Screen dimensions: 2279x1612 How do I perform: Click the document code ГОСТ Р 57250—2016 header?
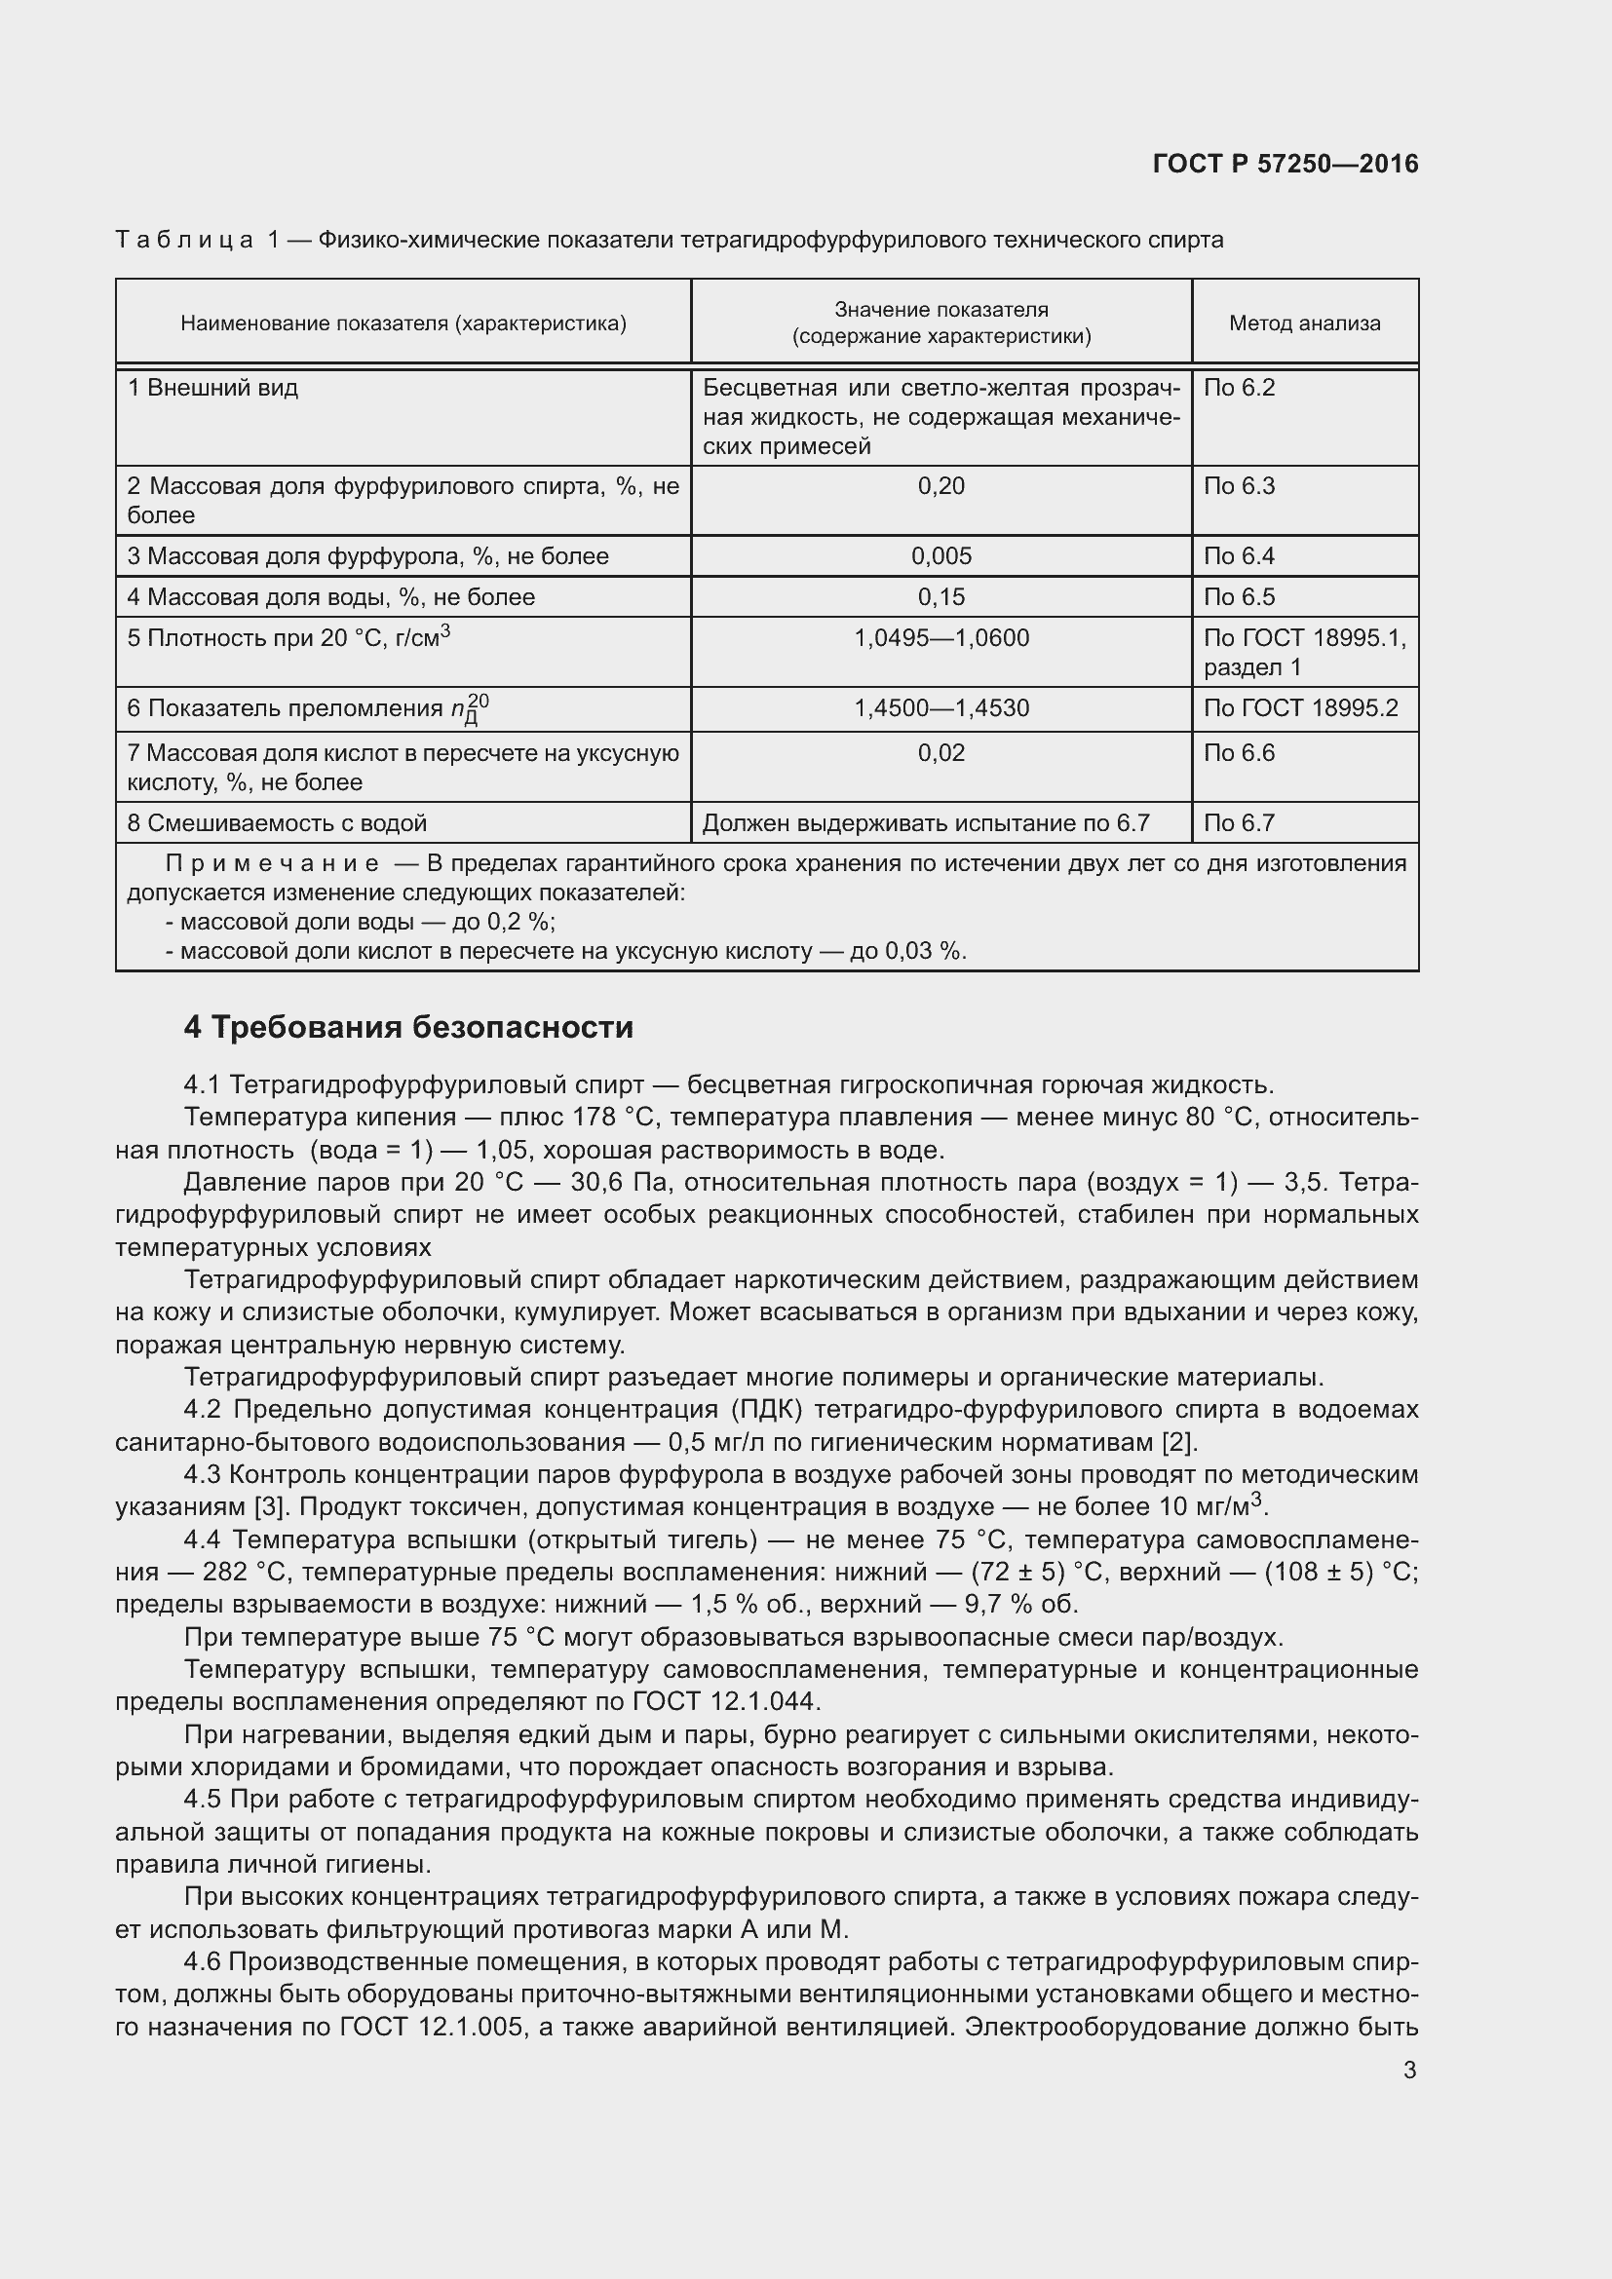[1286, 164]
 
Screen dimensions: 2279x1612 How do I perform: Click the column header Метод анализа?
[1304, 323]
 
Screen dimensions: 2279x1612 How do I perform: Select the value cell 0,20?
[941, 486]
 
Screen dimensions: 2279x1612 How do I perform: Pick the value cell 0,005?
[941, 555]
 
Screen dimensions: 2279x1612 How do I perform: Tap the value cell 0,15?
[941, 596]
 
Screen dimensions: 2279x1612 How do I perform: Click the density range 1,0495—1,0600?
[941, 637]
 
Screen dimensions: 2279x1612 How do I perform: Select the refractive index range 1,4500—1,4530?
[941, 707]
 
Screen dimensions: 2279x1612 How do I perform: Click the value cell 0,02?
[941, 752]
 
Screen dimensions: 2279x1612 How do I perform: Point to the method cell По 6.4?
[1239, 555]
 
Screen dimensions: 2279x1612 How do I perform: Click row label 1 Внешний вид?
[212, 387]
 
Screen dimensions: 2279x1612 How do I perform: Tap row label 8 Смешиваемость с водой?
[277, 823]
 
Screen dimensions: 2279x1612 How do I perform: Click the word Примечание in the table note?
[272, 862]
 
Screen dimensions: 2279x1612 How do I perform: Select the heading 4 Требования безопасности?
[408, 1027]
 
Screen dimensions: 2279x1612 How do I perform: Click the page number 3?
[1409, 2070]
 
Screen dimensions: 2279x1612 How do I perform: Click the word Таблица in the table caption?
[184, 241]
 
